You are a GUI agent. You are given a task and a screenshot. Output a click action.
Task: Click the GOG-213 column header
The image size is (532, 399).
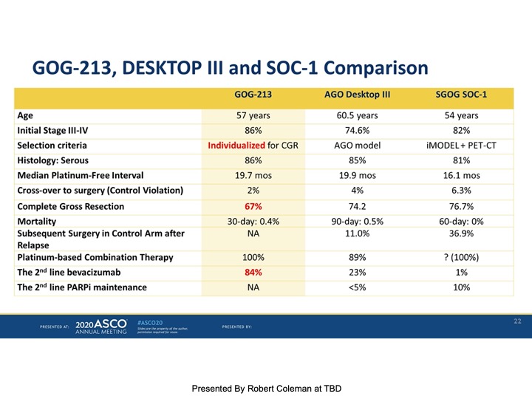pos(253,94)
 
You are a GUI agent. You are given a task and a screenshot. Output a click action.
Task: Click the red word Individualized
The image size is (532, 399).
pos(236,146)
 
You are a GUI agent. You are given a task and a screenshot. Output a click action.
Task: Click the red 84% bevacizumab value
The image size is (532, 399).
pos(253,272)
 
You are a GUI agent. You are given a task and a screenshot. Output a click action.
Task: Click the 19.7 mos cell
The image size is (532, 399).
pos(253,175)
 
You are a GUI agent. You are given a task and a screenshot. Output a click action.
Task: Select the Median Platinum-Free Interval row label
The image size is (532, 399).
pos(80,175)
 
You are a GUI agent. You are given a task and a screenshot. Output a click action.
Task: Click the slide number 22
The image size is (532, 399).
pos(517,321)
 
